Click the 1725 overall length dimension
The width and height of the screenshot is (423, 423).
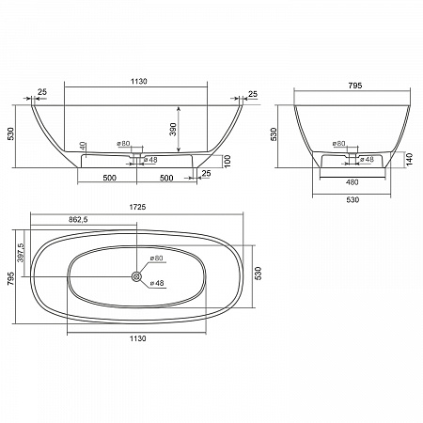tap(137, 207)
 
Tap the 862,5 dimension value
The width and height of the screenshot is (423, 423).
tap(78, 220)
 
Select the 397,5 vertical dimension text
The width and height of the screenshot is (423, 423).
tap(21, 253)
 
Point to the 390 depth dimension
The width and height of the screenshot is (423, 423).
tap(173, 130)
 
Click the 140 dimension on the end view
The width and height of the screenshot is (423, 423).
tap(410, 159)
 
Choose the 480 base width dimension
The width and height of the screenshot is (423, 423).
tap(352, 182)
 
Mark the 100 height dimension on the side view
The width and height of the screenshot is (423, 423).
tap(227, 161)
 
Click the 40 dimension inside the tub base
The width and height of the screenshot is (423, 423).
tap(83, 146)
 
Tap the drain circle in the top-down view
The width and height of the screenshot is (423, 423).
tap(136, 276)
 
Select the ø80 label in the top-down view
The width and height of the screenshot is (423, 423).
tap(156, 258)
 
